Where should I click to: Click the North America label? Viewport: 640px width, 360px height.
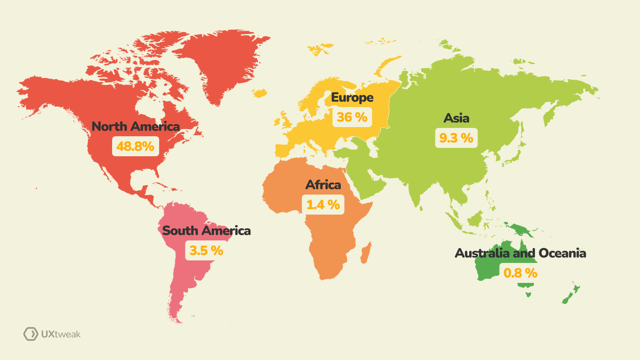(x=135, y=126)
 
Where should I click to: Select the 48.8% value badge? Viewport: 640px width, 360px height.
(x=135, y=146)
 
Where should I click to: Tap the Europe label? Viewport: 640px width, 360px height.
(x=352, y=97)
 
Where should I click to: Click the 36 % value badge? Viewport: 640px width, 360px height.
(x=352, y=117)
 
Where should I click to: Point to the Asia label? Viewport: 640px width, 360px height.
(x=456, y=118)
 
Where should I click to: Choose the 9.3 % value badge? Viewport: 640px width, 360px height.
(x=456, y=138)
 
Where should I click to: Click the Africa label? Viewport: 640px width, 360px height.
(x=323, y=185)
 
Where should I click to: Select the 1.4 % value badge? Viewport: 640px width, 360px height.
(x=323, y=205)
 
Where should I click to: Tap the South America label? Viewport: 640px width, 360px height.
(x=206, y=230)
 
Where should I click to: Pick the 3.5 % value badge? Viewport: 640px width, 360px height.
(x=206, y=250)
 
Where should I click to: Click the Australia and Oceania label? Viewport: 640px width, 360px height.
(x=520, y=253)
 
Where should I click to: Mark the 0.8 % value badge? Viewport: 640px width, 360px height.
(x=520, y=273)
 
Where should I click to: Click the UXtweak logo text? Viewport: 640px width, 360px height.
(x=61, y=334)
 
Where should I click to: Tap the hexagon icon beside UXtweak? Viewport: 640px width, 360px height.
(x=30, y=334)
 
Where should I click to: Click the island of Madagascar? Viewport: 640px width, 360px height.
(x=365, y=253)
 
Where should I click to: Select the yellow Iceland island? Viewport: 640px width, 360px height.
(x=260, y=92)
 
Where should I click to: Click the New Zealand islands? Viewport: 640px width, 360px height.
(x=571, y=294)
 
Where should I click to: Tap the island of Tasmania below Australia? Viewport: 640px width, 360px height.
(x=528, y=294)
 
